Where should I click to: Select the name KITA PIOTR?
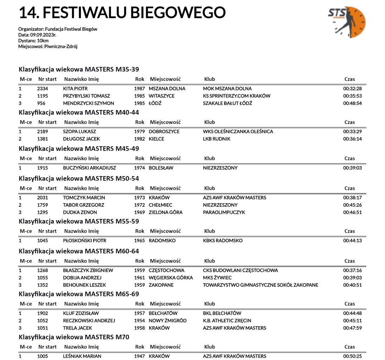75,89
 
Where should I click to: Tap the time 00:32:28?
353,89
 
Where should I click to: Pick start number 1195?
43,96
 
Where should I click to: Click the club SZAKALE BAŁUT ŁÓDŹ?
227,103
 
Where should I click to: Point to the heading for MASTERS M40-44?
79,112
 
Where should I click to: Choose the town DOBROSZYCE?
164,131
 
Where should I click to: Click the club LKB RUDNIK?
217,139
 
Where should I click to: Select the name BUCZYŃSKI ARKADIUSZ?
89,168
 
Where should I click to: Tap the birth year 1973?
140,198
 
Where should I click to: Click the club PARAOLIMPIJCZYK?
224,212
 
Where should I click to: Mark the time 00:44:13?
353,241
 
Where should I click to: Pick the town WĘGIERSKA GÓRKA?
171,278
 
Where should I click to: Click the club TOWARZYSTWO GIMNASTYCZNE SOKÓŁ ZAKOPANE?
261,285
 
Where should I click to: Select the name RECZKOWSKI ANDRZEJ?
89,321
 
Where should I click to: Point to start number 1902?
43,313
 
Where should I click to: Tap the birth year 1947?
140,356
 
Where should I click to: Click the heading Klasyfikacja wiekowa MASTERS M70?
74,337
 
